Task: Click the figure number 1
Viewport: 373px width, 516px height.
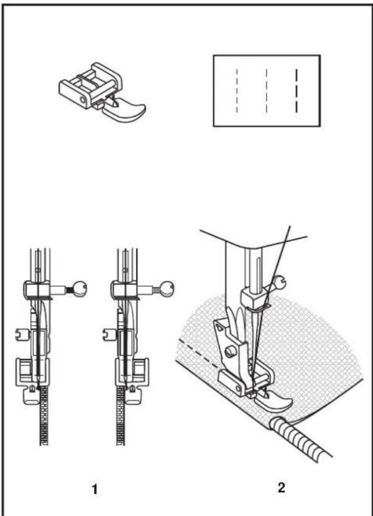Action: tap(95, 489)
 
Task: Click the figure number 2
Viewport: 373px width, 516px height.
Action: tap(281, 487)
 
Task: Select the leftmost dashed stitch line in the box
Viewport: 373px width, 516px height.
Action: tap(236, 91)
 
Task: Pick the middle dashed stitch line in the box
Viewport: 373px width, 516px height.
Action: tap(267, 91)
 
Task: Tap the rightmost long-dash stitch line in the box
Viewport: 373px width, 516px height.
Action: tap(296, 91)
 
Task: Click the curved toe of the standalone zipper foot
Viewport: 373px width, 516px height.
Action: tap(127, 111)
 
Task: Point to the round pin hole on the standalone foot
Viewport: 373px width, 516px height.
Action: tap(81, 99)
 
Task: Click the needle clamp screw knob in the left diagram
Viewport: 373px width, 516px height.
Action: tap(80, 288)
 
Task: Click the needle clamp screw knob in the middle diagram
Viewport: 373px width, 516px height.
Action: tap(167, 288)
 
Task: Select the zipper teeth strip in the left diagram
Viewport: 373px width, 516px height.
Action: tap(44, 417)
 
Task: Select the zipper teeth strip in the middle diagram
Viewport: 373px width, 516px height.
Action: tap(121, 417)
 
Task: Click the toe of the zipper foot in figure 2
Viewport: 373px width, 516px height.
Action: tap(274, 401)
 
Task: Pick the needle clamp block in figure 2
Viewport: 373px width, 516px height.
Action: tap(254, 297)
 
